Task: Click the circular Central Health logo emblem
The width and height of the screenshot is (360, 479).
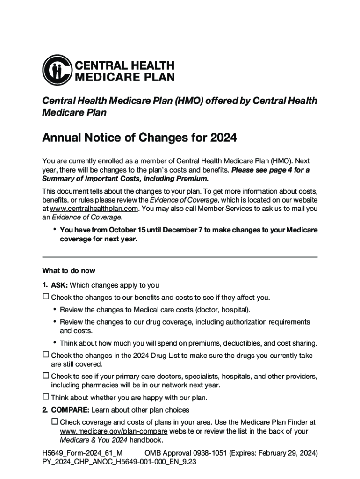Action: [57, 70]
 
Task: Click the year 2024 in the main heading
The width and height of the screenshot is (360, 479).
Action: [223, 138]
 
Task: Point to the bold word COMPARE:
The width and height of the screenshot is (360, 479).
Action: [70, 410]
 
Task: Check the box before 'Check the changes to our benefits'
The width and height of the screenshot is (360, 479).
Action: [46, 297]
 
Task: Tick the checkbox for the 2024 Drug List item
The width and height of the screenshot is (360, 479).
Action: [46, 355]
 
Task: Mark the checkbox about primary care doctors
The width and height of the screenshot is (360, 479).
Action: [46, 376]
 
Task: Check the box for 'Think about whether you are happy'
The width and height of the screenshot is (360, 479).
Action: [46, 397]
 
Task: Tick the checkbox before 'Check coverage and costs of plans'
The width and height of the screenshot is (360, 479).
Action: [55, 422]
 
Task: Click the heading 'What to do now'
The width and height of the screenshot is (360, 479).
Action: [69, 271]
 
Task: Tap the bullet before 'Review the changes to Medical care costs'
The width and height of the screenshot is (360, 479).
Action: [55, 309]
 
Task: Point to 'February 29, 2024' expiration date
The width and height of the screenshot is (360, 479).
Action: [286, 453]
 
